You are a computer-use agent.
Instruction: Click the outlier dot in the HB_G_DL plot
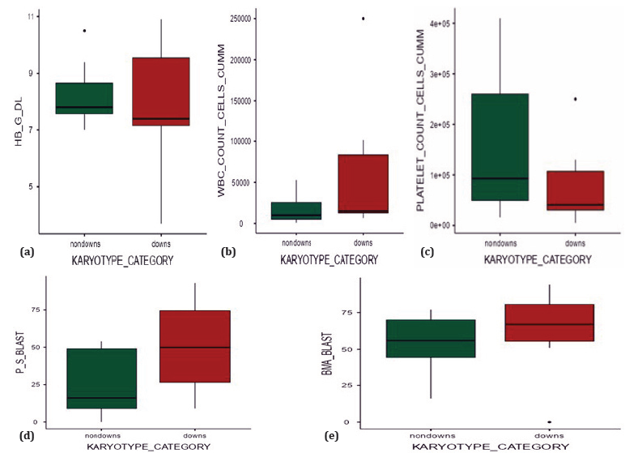[x=85, y=31]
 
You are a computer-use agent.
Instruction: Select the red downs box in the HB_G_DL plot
[x=161, y=92]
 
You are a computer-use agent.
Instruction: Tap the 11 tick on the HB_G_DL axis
[x=31, y=16]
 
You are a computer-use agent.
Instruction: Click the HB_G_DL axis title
[x=19, y=122]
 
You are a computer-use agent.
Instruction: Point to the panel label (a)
[x=27, y=252]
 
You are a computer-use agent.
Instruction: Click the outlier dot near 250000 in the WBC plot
[x=363, y=19]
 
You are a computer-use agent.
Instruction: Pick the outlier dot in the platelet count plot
[x=575, y=99]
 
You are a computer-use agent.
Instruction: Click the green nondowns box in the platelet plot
[x=500, y=147]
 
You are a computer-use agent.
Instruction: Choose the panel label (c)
[x=427, y=252]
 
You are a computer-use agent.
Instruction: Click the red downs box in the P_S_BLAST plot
[x=195, y=346]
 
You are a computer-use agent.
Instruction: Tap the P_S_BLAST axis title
[x=20, y=353]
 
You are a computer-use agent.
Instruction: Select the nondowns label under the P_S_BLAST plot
[x=103, y=435]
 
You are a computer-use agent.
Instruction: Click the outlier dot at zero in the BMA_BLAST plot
[x=549, y=422]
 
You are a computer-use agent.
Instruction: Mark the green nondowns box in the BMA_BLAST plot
[x=431, y=339]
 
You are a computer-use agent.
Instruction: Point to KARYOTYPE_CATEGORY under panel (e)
[x=491, y=447]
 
